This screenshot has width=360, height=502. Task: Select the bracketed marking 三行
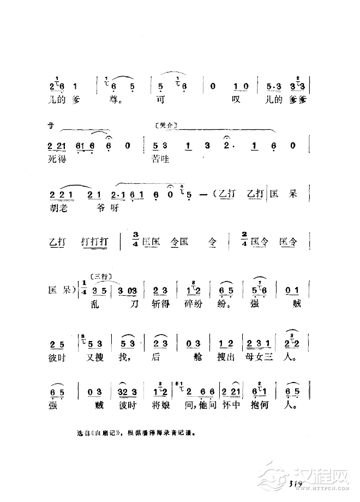tap(101, 277)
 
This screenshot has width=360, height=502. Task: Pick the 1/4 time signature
tap(86, 289)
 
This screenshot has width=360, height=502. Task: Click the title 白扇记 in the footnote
tap(105, 434)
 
